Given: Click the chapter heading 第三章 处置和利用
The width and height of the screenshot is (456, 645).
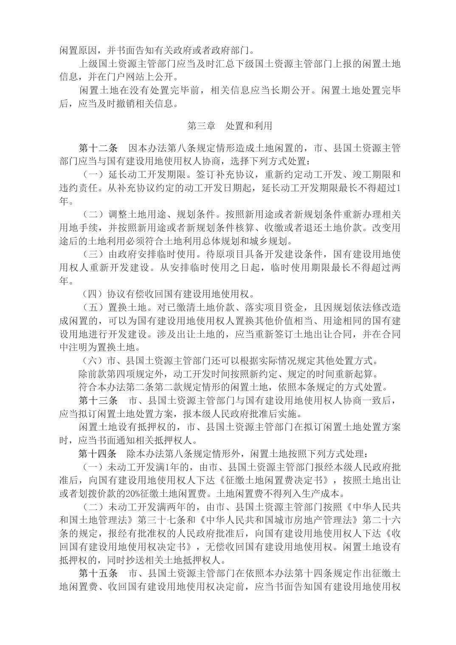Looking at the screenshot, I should coord(230,126).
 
